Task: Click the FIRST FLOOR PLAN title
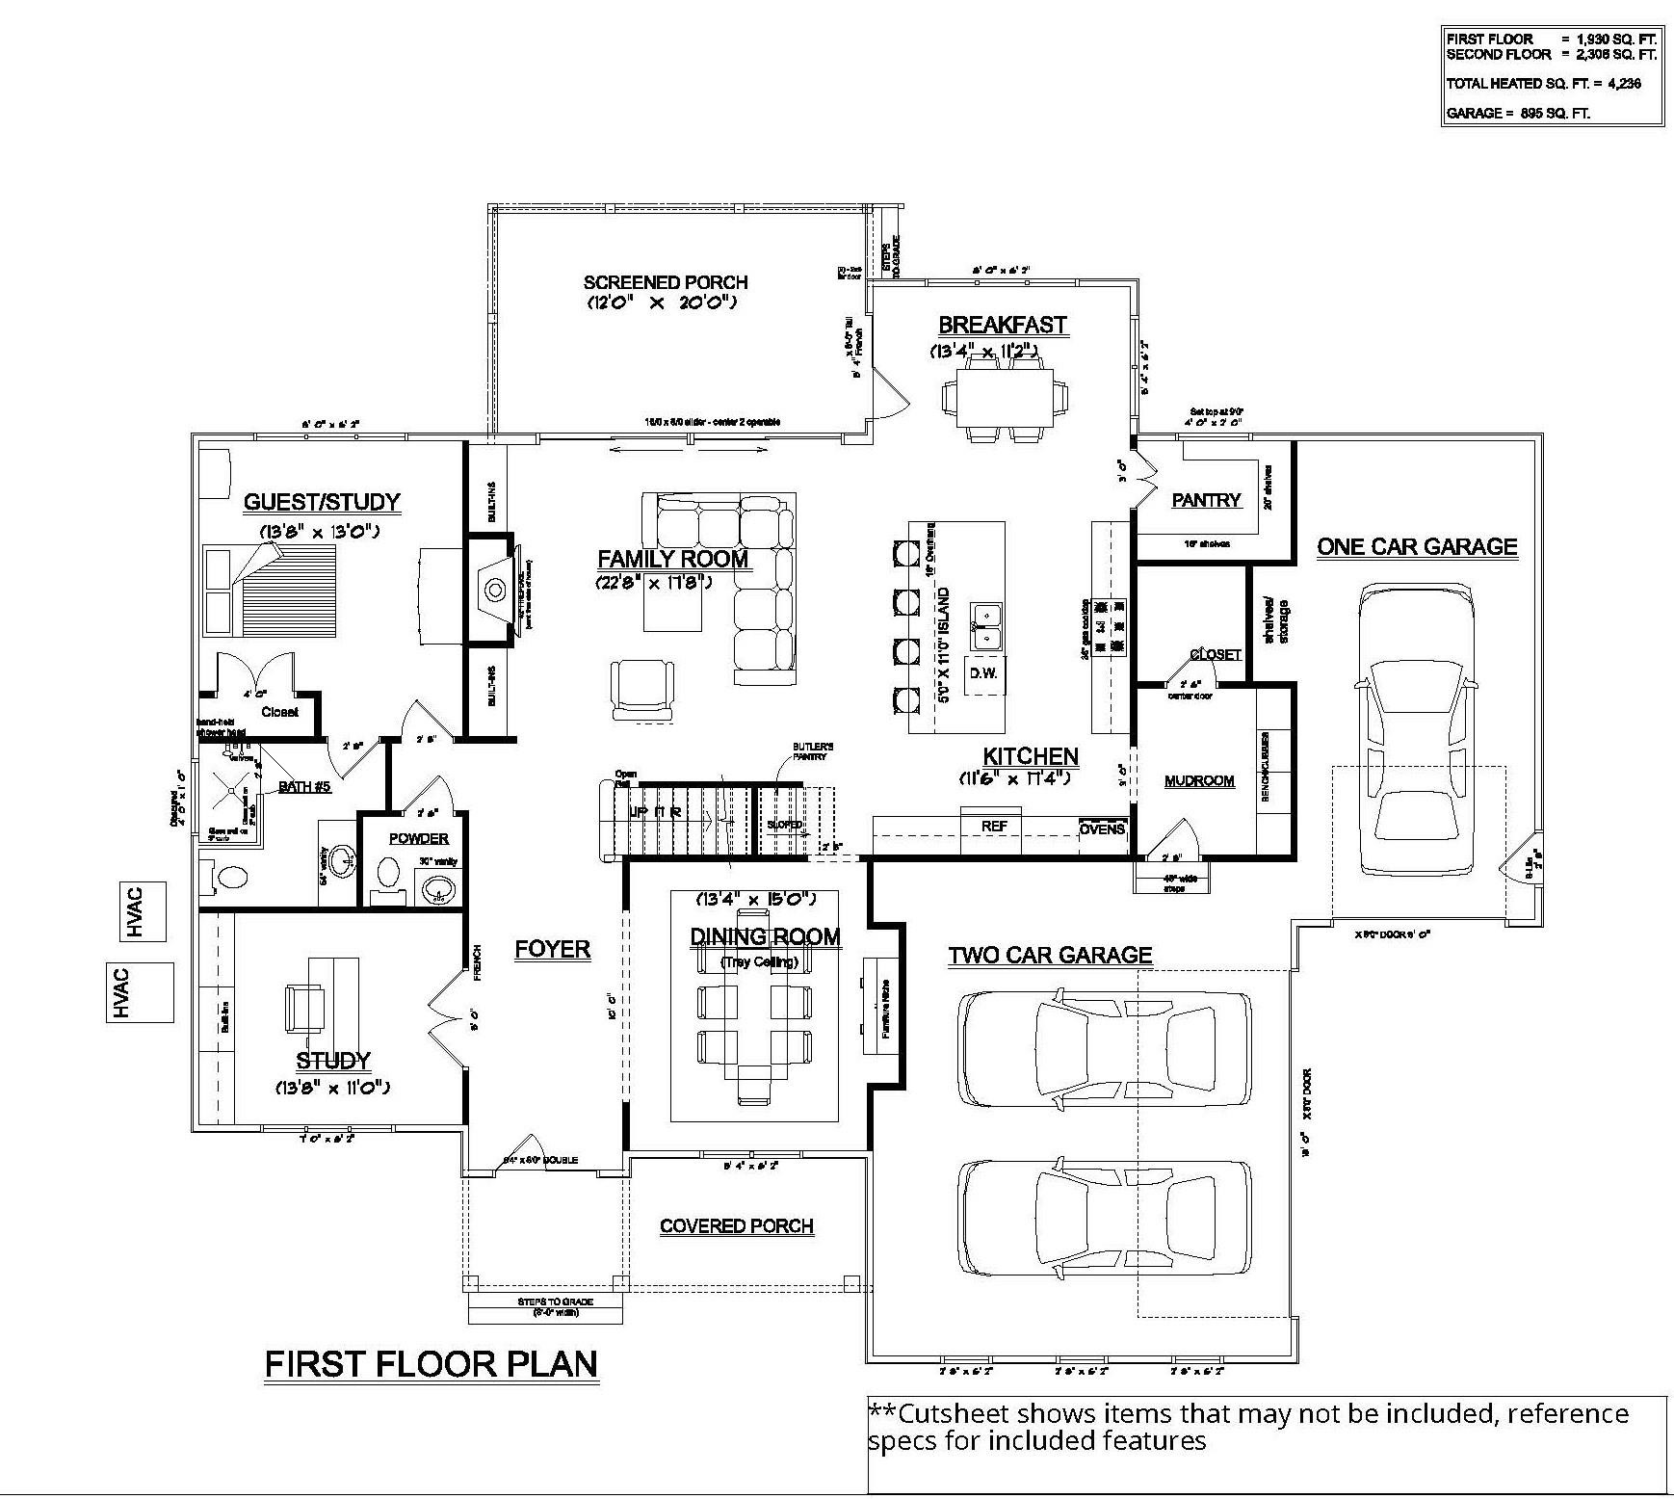click(x=431, y=1364)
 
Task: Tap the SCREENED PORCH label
click(x=665, y=282)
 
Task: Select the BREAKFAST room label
click(x=1002, y=325)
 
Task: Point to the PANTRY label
click(x=1206, y=500)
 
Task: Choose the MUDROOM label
click(x=1199, y=780)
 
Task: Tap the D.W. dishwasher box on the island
click(x=982, y=672)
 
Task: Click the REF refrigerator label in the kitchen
click(x=994, y=827)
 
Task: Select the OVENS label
click(x=1102, y=828)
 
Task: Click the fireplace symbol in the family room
click(x=494, y=589)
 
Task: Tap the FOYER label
click(x=552, y=949)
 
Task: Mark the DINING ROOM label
click(x=765, y=936)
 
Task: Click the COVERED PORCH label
click(x=737, y=1226)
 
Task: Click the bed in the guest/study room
click(x=269, y=590)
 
